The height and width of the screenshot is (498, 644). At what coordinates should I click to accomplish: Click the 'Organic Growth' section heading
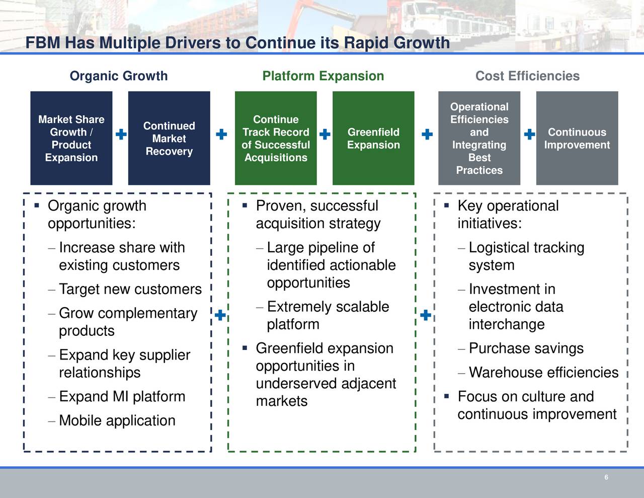119,76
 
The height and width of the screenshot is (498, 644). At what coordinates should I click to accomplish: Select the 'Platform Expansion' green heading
323,76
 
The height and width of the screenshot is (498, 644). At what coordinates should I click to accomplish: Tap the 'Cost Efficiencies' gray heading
527,76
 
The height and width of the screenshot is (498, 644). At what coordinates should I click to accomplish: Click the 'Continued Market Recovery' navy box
169,138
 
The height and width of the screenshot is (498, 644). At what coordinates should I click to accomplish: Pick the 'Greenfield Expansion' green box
373,138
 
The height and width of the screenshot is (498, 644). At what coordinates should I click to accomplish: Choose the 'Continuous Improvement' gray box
577,138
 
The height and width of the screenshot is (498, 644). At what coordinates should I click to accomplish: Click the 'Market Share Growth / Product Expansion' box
71,138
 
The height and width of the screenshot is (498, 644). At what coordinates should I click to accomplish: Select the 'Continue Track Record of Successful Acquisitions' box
276,138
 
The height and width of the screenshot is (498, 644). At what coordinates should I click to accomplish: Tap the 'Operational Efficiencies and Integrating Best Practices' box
479,138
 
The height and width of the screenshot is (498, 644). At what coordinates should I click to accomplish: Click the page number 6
606,477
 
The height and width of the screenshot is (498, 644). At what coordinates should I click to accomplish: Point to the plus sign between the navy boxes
121,134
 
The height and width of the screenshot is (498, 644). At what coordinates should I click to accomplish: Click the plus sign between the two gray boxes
529,134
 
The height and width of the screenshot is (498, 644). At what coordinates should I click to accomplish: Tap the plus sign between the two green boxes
325,134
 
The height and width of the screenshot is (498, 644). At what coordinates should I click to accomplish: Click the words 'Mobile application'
117,420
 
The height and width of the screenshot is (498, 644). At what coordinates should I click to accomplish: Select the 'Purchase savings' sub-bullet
526,348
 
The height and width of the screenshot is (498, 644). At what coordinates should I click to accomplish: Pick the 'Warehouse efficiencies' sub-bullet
543,372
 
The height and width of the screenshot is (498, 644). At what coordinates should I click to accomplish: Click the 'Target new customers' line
130,289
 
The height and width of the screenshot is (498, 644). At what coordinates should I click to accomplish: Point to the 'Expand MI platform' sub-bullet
122,397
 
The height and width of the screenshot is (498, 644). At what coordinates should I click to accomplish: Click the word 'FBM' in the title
43,43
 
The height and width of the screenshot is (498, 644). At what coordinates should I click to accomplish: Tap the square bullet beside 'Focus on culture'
447,396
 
